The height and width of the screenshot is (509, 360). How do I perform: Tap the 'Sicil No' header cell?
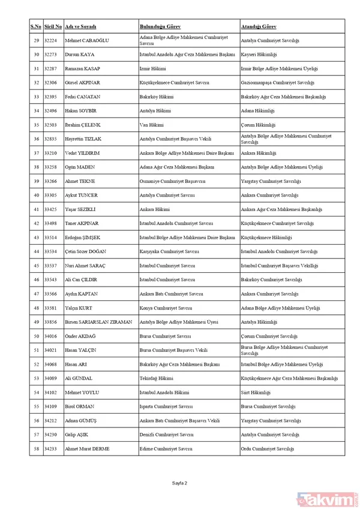(x=53, y=27)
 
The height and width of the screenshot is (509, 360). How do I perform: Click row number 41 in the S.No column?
(x=36, y=209)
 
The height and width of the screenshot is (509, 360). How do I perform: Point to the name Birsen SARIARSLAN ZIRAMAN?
(x=98, y=322)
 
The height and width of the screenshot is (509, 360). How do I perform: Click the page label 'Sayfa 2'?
(x=180, y=483)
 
